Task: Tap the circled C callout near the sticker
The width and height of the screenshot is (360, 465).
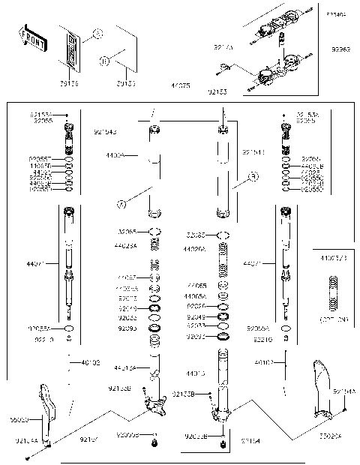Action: (x=97, y=33)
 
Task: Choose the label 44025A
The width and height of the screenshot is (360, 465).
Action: (x=124, y=245)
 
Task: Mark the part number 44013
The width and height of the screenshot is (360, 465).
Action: (x=194, y=373)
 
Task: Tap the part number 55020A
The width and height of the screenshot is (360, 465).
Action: (x=330, y=434)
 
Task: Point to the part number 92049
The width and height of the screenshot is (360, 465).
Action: (x=196, y=316)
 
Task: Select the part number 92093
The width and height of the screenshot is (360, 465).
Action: (x=127, y=328)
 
